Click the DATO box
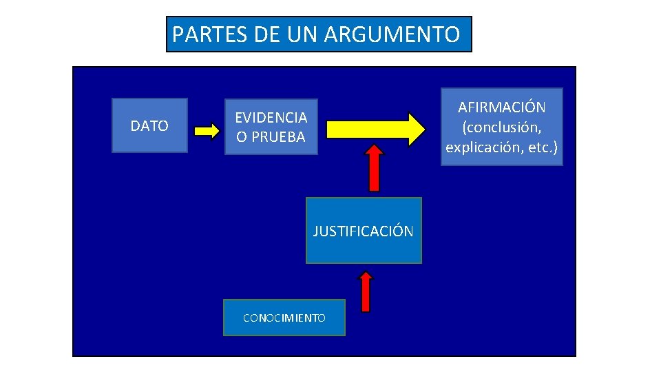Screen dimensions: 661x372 click(x=149, y=125)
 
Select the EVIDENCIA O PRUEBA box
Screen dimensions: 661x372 click(x=271, y=127)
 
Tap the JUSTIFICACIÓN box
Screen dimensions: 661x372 click(x=364, y=231)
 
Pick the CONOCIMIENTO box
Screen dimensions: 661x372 click(x=284, y=318)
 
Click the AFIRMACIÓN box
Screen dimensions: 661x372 click(x=502, y=127)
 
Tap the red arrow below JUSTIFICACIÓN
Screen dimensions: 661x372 click(x=366, y=291)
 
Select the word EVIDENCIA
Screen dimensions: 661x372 click(x=271, y=118)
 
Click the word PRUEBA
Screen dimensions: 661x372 click(x=278, y=136)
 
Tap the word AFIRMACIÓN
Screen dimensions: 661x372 click(x=502, y=107)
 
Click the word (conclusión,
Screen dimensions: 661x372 click(x=502, y=127)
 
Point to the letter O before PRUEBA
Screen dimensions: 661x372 click(x=242, y=136)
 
